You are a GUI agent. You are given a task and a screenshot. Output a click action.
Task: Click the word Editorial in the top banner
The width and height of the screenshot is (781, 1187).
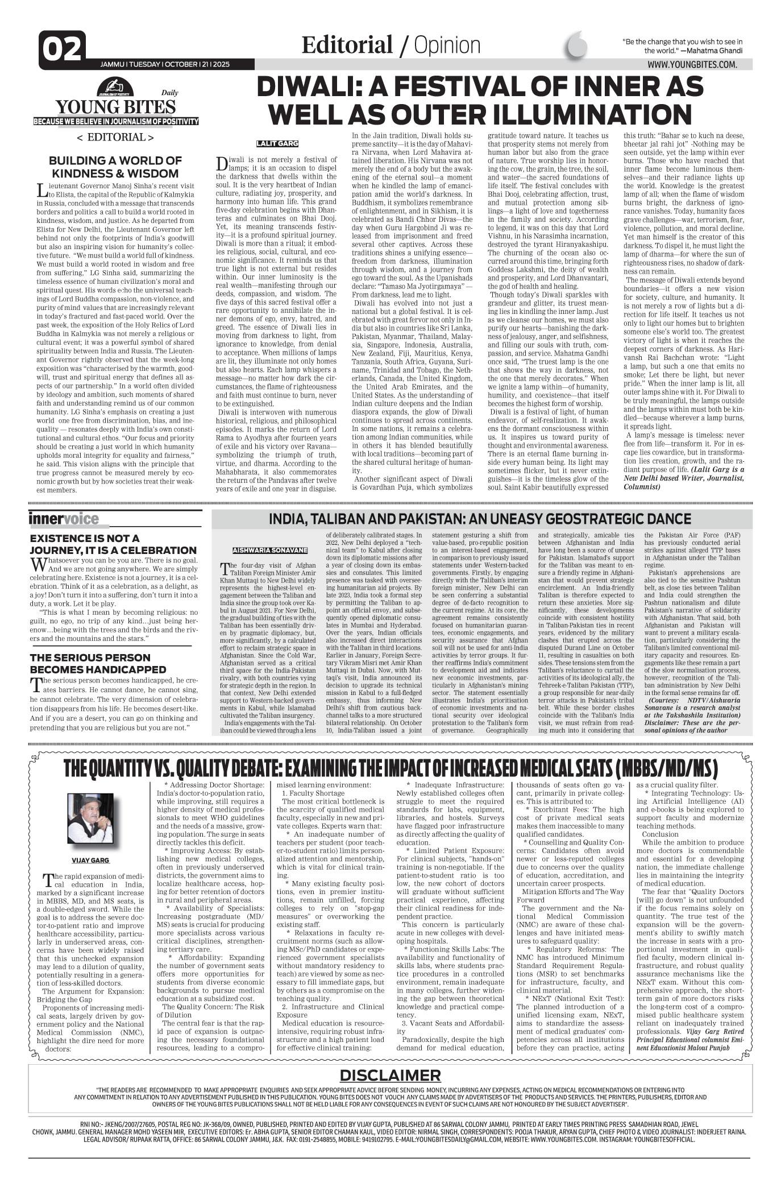coord(347,45)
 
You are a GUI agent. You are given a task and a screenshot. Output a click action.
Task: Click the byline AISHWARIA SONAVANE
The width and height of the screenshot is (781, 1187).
coord(270,551)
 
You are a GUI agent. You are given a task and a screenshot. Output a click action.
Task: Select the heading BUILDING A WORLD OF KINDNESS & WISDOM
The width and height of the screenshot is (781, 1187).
coord(115,167)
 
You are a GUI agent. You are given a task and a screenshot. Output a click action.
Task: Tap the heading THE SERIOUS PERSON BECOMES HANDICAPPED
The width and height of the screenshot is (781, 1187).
coord(98,663)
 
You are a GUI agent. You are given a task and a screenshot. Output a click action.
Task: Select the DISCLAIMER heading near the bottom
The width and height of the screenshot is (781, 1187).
coord(390,1075)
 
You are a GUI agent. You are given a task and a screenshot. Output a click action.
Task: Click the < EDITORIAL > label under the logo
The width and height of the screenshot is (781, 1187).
coord(115,137)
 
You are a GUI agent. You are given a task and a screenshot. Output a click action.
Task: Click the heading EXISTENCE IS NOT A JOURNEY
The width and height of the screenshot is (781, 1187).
coord(113,544)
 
